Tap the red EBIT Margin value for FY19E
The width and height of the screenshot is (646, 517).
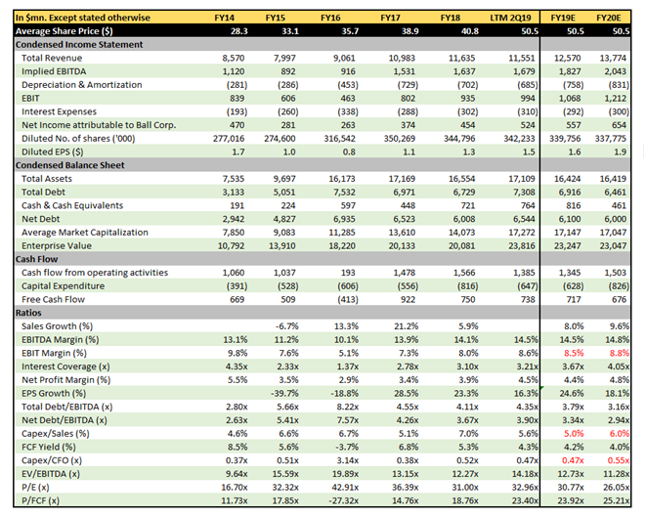point(571,352)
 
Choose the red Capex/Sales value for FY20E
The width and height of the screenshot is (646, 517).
point(620,433)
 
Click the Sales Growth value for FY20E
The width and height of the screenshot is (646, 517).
point(623,325)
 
